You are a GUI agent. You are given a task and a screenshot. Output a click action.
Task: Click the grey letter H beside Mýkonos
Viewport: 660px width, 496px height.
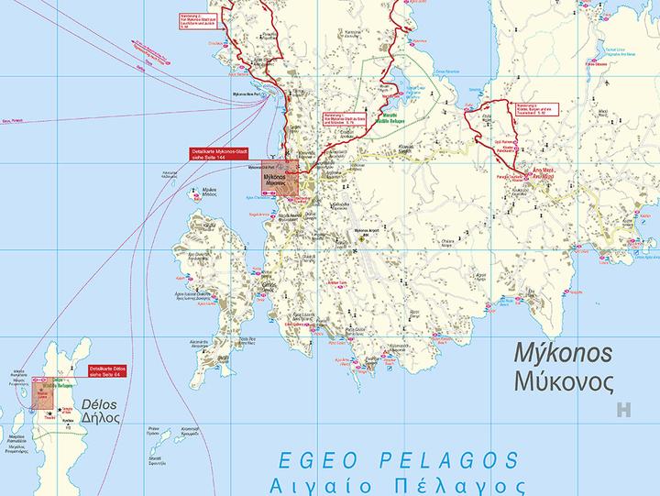(625, 411)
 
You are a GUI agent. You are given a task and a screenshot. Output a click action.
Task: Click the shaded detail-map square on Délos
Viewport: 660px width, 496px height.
(42, 392)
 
